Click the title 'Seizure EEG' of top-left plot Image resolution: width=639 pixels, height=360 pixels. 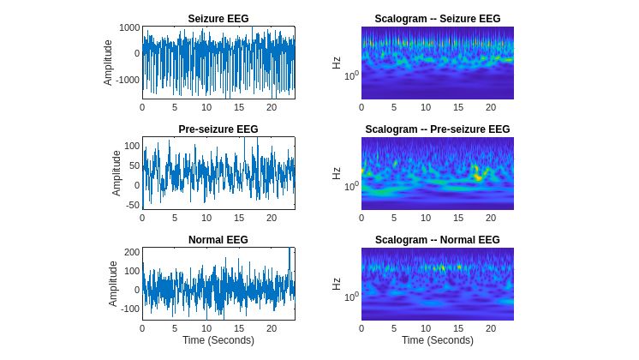pos(218,19)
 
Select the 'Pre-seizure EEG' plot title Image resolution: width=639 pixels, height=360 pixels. pos(218,129)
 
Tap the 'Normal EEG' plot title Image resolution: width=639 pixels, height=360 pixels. pos(218,240)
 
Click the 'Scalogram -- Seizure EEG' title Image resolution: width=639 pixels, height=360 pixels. pos(438,19)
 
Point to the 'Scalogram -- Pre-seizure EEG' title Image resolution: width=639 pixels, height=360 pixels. pos(438,129)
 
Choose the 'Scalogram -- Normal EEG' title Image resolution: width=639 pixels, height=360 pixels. pos(438,240)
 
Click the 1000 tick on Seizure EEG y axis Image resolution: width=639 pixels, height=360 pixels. pos(128,28)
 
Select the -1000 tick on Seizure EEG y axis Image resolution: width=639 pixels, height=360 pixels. pos(126,80)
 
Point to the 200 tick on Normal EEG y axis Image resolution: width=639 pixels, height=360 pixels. pos(131,252)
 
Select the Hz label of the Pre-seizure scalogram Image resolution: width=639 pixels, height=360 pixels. pos(336,173)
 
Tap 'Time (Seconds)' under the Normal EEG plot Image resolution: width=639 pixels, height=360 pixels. pos(218,341)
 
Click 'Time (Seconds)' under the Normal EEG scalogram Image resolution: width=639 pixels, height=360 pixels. pos(438,341)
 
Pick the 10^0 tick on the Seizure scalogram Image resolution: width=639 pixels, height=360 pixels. pos(349,75)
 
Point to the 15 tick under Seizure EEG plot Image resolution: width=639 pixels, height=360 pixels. pos(238,108)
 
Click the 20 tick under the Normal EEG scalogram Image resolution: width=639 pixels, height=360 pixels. pos(491,328)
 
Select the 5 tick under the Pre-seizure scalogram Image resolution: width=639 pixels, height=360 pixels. pos(394,218)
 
